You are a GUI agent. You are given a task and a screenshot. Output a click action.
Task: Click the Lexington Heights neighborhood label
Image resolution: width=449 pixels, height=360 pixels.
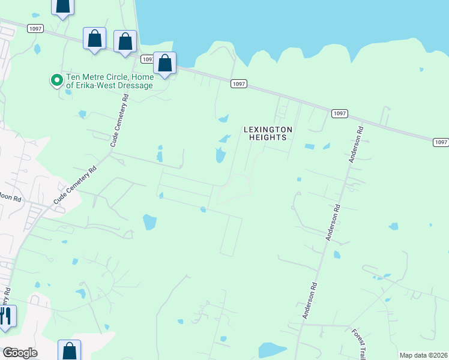point(267,133)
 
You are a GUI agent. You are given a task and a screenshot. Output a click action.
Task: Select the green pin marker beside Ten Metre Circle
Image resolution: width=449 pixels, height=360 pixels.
point(56,79)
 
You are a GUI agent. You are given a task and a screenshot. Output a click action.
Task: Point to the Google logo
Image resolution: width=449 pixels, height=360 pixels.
point(20,353)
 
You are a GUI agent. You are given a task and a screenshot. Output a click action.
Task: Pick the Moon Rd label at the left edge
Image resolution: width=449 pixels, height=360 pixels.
point(10,197)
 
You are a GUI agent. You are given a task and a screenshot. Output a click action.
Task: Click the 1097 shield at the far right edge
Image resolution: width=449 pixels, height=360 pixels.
point(441,142)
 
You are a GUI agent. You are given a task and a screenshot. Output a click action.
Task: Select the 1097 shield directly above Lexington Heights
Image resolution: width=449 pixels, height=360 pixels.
point(238,84)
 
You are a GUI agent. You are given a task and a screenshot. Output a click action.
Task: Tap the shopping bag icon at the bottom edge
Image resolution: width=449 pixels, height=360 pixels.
point(69,350)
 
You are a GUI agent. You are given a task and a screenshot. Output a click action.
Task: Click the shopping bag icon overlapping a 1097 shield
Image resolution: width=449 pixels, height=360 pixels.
point(164,63)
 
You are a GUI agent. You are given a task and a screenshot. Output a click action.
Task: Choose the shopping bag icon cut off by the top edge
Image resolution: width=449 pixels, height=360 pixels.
point(62,6)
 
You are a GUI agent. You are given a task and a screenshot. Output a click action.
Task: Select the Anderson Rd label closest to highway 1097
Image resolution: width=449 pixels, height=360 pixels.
point(355,145)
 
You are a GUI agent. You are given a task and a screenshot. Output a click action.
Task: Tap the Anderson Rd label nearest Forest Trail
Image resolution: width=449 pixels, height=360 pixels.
point(310,299)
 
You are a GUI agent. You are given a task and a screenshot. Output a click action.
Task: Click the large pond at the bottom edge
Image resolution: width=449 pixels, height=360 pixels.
point(273,350)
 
